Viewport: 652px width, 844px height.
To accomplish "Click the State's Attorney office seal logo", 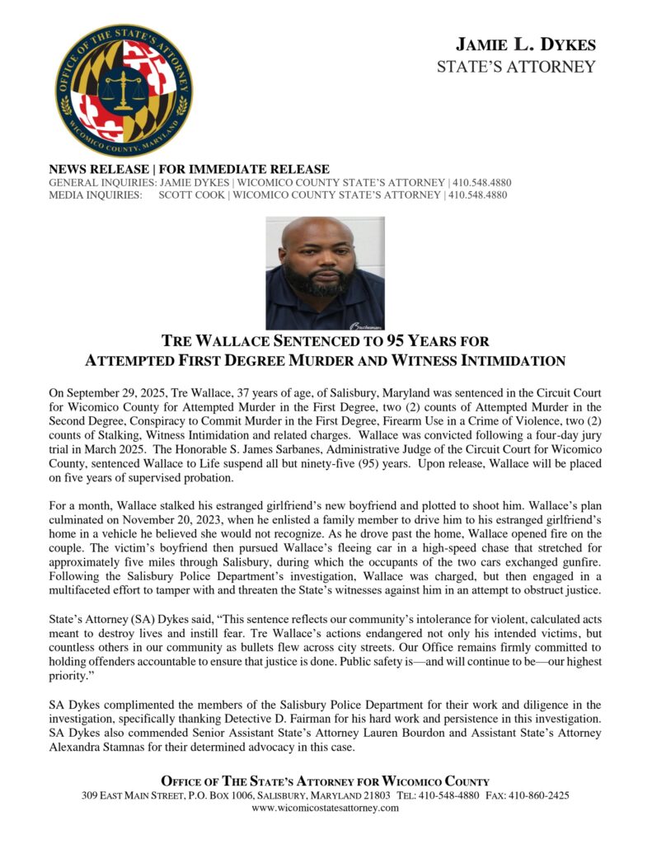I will pos(124,91).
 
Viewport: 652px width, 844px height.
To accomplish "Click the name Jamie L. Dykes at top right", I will pos(526,45).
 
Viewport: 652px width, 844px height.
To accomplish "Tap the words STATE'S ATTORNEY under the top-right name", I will pos(516,67).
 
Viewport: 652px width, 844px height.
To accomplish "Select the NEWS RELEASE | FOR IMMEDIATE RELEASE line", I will pos(190,169).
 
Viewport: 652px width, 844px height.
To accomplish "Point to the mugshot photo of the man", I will pos(325,273).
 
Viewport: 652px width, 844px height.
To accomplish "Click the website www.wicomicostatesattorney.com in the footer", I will pos(325,809).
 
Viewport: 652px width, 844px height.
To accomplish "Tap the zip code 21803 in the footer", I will pos(373,795).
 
